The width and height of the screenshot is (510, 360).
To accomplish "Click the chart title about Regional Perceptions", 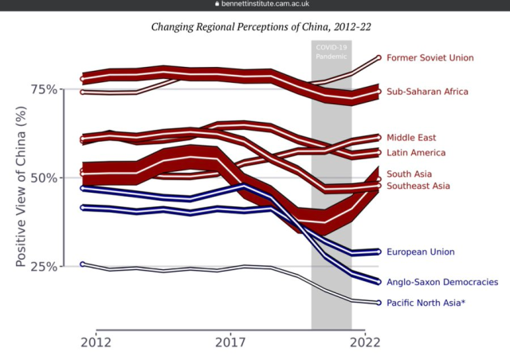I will (261, 27).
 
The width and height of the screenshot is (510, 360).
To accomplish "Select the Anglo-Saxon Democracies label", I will (442, 282).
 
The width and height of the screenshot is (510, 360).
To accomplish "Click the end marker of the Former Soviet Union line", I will (379, 58).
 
